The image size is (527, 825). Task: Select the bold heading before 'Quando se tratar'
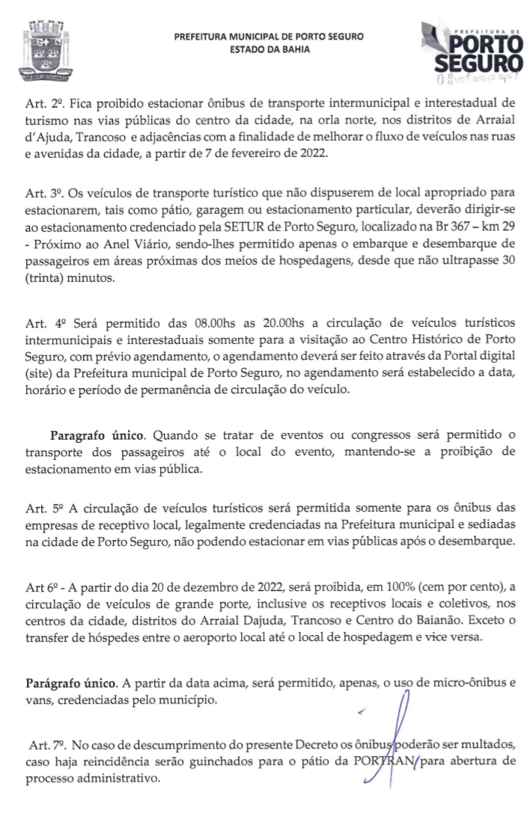(x=93, y=435)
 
